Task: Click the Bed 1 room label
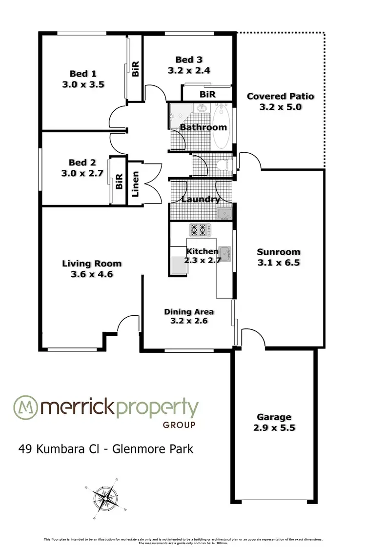(82, 74)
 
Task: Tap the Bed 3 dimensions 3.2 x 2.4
(189, 70)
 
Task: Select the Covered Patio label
(280, 96)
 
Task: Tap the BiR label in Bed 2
(119, 182)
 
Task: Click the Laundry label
(201, 199)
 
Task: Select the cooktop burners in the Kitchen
(200, 229)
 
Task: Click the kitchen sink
(224, 252)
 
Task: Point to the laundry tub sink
(224, 213)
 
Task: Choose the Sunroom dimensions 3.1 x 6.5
(278, 263)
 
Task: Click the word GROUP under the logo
(179, 425)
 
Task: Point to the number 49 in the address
(25, 448)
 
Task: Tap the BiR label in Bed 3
(208, 94)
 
